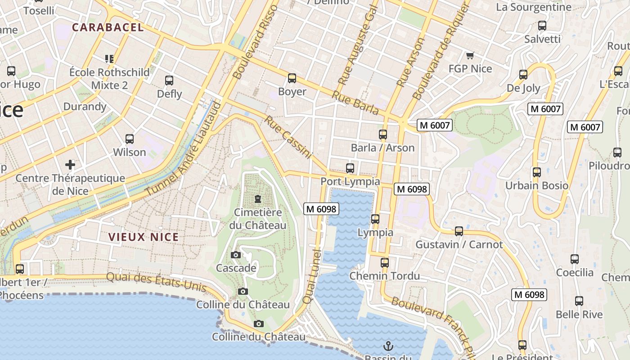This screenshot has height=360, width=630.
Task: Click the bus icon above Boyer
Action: (292, 78)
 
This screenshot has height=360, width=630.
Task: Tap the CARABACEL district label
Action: (108, 27)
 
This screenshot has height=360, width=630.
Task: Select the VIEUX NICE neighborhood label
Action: (144, 237)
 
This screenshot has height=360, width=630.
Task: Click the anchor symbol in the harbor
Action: (387, 346)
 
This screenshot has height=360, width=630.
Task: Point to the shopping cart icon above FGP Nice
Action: (470, 55)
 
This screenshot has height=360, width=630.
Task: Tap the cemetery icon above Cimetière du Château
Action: (258, 198)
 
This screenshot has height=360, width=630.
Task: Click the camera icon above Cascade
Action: (235, 255)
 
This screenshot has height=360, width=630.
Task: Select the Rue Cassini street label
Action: (288, 137)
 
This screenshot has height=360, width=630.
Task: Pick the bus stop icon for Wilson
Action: (130, 139)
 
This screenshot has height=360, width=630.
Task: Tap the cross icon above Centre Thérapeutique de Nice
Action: (70, 164)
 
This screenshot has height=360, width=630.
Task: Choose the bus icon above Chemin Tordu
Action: (384, 262)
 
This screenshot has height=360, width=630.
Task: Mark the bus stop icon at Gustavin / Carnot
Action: (459, 231)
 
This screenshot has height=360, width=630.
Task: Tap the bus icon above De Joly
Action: (523, 74)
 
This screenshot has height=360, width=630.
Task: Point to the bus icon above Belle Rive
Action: (579, 301)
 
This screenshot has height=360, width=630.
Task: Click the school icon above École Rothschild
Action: (109, 58)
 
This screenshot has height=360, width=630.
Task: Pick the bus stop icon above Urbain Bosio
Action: (536, 172)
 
